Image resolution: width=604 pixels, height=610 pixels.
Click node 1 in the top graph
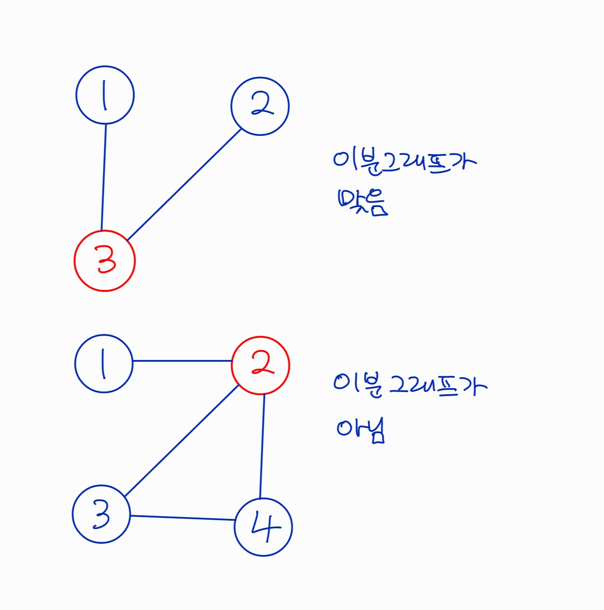click(x=105, y=95)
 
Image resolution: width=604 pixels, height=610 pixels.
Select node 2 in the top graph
click(x=260, y=106)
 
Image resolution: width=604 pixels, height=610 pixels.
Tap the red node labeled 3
click(x=105, y=261)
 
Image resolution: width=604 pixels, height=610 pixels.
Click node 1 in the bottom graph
click(x=104, y=363)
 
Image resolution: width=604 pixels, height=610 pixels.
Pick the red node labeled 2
click(x=260, y=365)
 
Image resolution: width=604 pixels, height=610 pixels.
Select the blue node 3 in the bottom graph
click(x=101, y=514)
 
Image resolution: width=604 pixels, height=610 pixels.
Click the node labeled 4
click(x=264, y=527)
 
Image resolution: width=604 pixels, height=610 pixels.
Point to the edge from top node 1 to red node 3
click(x=104, y=177)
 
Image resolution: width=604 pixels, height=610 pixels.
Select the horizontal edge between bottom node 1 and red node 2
click(x=182, y=361)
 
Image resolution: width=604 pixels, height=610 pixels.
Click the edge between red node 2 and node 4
click(x=262, y=446)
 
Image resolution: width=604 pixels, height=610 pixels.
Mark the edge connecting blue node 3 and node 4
click(x=182, y=518)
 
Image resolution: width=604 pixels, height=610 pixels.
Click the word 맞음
click(x=362, y=202)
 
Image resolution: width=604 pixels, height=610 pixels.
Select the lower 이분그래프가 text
click(x=410, y=386)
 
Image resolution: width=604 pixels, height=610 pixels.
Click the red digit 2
click(x=262, y=364)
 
